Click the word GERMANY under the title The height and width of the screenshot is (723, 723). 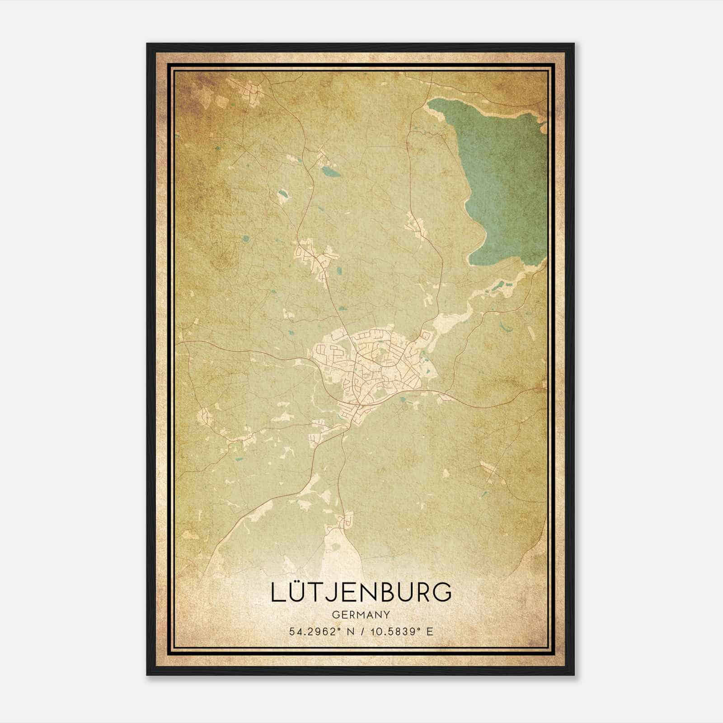(x=361, y=615)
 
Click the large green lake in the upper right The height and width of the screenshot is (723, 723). (x=502, y=181)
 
